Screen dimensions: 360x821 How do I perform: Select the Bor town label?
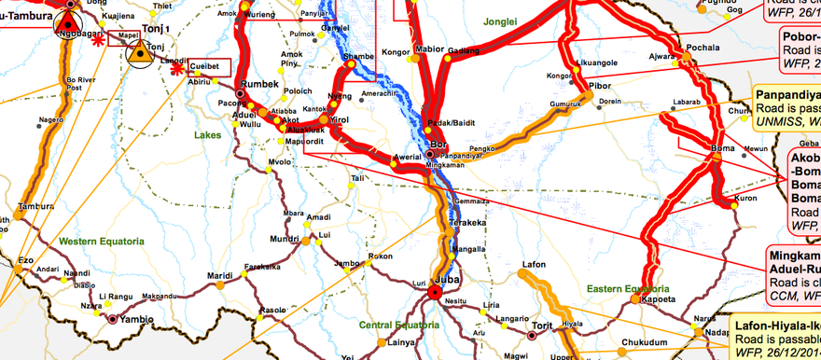click(x=441, y=144)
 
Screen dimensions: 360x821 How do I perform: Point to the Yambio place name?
click(x=136, y=317)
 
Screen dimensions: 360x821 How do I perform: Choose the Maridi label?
click(x=220, y=276)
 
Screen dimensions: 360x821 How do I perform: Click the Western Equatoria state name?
click(x=97, y=242)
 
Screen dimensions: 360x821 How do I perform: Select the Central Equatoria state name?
click(x=399, y=325)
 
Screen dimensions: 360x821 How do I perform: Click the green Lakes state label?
click(x=208, y=135)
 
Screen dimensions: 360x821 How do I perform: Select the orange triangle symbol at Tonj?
click(x=140, y=54)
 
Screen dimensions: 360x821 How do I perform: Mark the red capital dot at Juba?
click(x=434, y=294)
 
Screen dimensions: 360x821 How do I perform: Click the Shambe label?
click(x=358, y=56)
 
